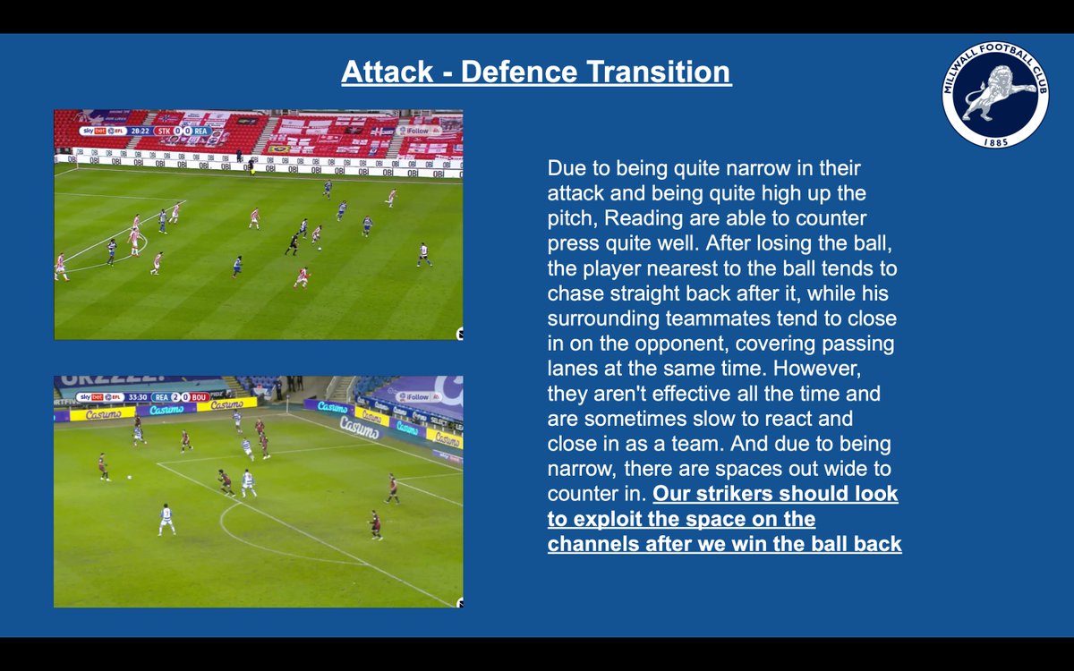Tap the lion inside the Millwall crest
click(x=1000, y=94)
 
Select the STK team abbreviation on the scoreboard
click(x=165, y=131)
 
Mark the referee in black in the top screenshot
click(x=293, y=242)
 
